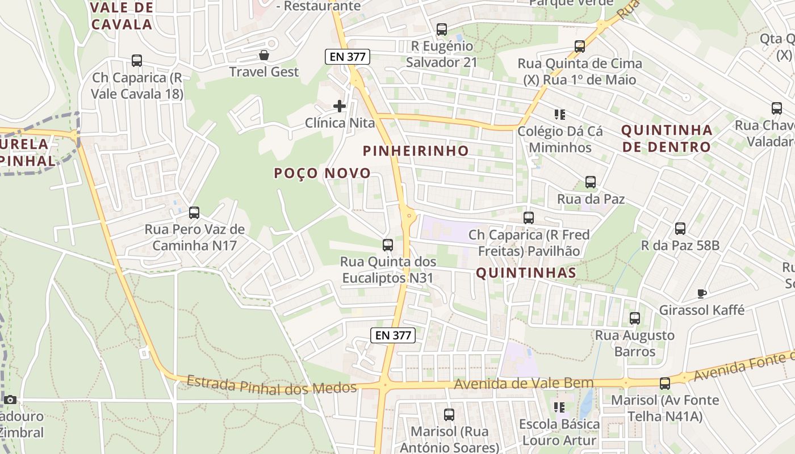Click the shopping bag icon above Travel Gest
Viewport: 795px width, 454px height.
click(x=264, y=55)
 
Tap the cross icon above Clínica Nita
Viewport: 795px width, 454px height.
click(x=340, y=106)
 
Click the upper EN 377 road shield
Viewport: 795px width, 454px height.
click(x=348, y=57)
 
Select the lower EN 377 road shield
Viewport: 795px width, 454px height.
click(x=393, y=335)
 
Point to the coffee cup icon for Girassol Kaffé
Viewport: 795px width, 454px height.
click(x=702, y=293)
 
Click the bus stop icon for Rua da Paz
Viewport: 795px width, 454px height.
click(x=591, y=182)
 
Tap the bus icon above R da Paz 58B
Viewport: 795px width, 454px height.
click(x=680, y=229)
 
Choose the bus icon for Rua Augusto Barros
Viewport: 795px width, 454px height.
click(x=635, y=318)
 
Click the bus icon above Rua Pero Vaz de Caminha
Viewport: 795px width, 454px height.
click(x=194, y=213)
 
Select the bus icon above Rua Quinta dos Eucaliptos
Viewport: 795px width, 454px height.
click(x=388, y=245)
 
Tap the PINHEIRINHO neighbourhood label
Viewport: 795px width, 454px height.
click(x=416, y=151)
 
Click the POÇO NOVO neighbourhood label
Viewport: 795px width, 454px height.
click(x=323, y=174)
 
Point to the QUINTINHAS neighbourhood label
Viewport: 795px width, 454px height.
click(x=526, y=273)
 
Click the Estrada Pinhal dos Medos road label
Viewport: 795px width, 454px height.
click(x=271, y=386)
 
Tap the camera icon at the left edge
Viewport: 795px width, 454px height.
click(x=10, y=400)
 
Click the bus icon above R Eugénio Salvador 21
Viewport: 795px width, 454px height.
click(x=442, y=30)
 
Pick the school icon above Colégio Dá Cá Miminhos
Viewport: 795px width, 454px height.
click(x=560, y=115)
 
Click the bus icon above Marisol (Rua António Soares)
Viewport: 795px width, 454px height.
click(x=449, y=415)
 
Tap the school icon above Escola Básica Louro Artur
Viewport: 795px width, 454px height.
click(x=560, y=407)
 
